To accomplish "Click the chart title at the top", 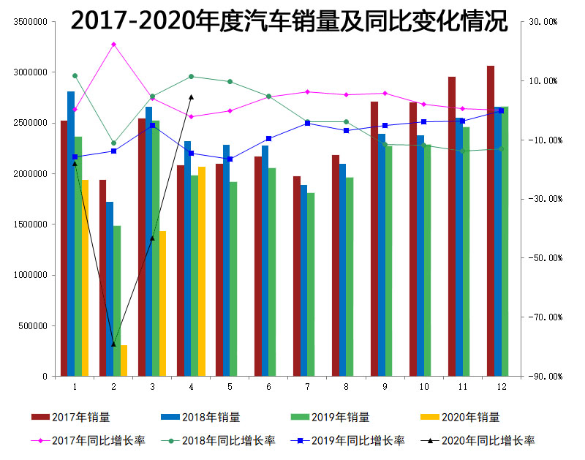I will (x=289, y=22).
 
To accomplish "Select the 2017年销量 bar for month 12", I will (x=491, y=219).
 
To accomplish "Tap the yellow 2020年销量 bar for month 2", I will (x=124, y=361).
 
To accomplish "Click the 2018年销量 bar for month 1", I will (x=71, y=234).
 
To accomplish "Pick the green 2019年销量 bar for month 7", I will (x=311, y=284).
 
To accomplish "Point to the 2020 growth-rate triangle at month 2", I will (x=113, y=344).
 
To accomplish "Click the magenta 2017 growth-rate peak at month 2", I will (x=113, y=45).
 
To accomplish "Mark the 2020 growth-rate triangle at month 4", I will (x=191, y=97).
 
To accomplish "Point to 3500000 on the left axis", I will (x=30, y=22).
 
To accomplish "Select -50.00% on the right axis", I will (x=542, y=258).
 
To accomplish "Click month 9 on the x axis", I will (x=385, y=385).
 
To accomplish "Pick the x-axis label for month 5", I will (x=230, y=385).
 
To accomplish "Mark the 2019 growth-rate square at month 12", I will (x=501, y=110).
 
